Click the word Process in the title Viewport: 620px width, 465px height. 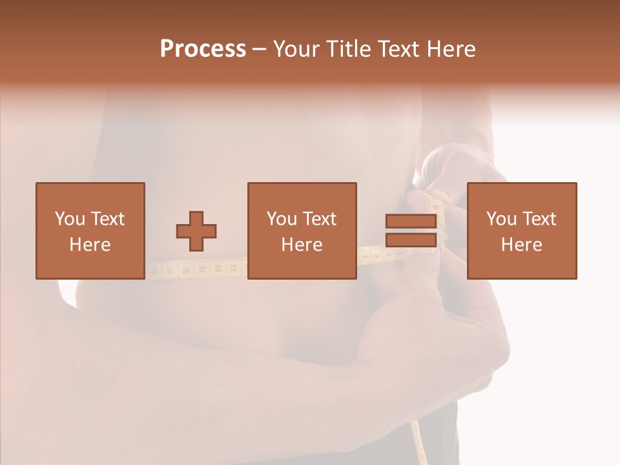coord(203,49)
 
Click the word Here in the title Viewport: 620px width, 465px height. coord(453,49)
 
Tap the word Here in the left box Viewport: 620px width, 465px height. coord(90,245)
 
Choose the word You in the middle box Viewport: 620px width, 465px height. coord(282,219)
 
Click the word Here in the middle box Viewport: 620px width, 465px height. coord(302,245)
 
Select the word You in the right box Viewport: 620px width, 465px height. coord(501,219)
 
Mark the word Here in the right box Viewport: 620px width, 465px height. coord(521,245)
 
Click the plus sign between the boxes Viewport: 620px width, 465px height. coord(196,231)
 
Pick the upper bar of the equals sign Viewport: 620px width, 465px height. coord(411,221)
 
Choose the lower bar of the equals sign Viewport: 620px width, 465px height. coord(411,240)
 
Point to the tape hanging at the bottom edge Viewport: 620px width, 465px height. coord(418,446)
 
